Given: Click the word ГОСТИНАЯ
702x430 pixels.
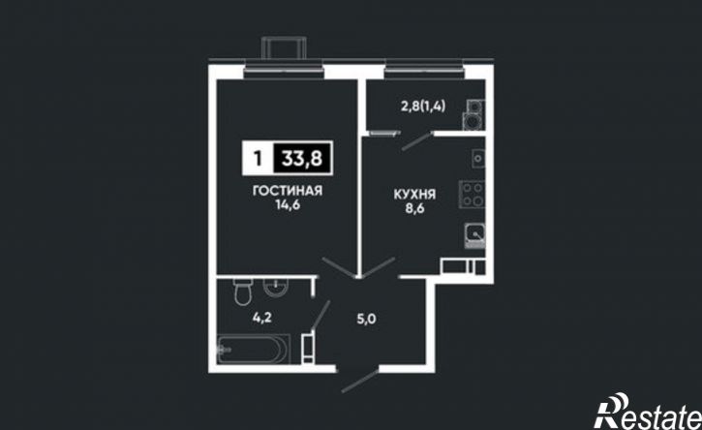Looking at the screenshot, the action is [288, 191].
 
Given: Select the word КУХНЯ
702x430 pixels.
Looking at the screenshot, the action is [415, 195].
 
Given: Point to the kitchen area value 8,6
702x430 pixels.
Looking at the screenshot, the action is [415, 209].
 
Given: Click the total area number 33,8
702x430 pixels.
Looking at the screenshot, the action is [302, 158].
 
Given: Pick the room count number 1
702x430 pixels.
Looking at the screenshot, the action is [258, 158].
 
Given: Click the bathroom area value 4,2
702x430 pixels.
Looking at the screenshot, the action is [262, 318].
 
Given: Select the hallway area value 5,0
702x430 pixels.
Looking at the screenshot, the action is [366, 319].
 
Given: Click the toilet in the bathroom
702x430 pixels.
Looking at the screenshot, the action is [243, 292].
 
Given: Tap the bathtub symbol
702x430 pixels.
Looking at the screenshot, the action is [254, 349].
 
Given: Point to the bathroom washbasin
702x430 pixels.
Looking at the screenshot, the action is [276, 287].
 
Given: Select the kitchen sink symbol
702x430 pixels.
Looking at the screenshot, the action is [475, 234].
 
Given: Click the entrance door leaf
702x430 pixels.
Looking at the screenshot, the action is [360, 383].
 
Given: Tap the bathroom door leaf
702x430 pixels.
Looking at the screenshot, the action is [321, 315].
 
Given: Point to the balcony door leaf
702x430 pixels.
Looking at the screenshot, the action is [416, 141].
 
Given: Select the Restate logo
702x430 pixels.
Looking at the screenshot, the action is [648, 413].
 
